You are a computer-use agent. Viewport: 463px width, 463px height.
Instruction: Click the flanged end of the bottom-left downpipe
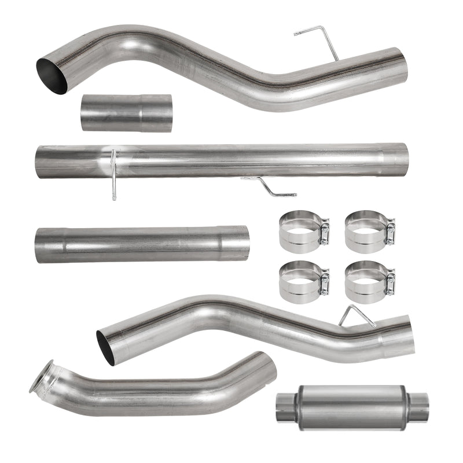(42, 376)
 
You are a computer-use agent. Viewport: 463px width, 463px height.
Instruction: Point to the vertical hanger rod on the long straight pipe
(113, 174)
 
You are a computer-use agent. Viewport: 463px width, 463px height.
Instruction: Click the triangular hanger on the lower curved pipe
(354, 315)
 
